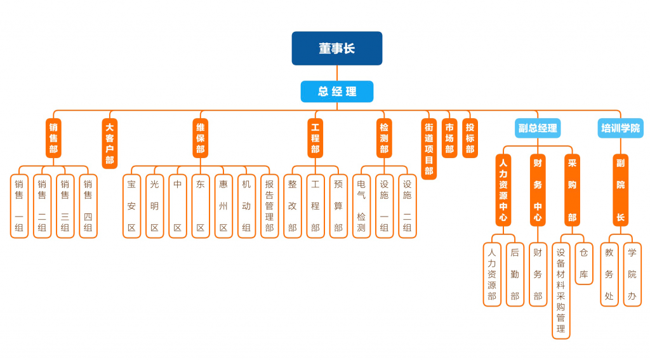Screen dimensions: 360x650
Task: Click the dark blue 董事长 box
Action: tap(337, 48)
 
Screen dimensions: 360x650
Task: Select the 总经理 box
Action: tap(337, 91)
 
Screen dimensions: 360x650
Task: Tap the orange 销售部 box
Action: tap(53, 137)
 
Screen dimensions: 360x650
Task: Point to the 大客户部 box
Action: tap(110, 143)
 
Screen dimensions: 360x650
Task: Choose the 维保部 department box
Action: tap(201, 137)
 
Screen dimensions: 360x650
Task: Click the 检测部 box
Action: tap(384, 137)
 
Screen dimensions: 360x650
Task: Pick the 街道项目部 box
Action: tap(429, 149)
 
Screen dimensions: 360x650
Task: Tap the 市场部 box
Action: tap(449, 137)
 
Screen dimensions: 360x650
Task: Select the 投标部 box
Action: tap(470, 137)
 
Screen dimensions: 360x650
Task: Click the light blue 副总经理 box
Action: tap(538, 128)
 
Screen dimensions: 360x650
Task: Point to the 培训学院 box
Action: tap(620, 128)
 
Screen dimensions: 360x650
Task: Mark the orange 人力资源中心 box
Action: tap(503, 190)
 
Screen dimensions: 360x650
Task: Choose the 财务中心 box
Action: tap(538, 190)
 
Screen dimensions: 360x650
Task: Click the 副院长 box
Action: tap(620, 190)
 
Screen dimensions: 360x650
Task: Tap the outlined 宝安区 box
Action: tap(131, 206)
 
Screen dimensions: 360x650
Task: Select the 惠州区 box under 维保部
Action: tap(223, 206)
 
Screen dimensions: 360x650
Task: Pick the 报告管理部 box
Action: tap(270, 206)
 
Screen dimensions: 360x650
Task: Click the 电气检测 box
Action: tap(361, 206)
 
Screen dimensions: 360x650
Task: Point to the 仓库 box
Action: tap(584, 263)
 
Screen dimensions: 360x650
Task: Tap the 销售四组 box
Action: tap(88, 206)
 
